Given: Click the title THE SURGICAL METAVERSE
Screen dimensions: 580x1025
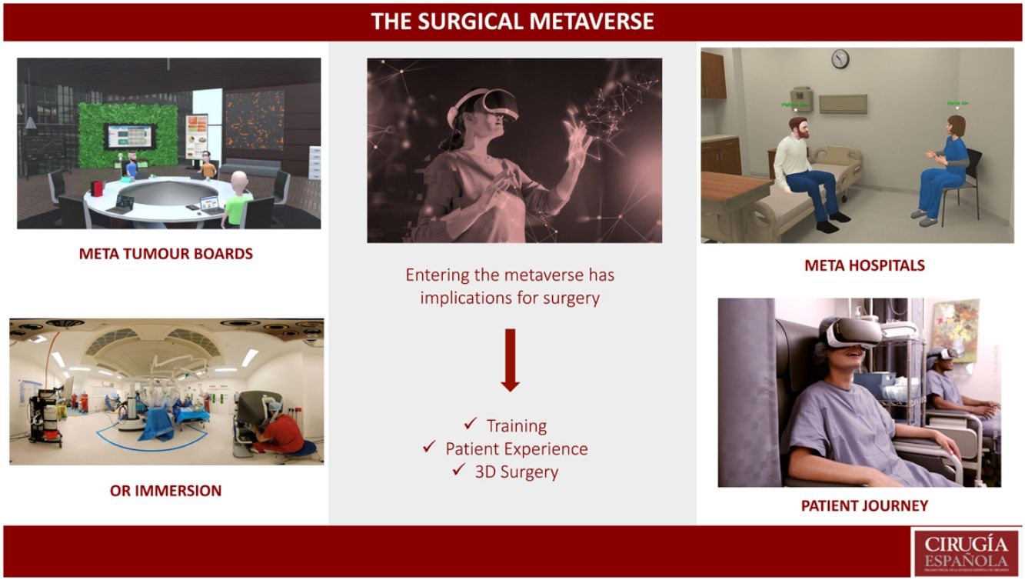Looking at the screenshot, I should tap(512, 21).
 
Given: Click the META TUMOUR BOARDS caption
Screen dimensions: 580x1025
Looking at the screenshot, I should tap(165, 253).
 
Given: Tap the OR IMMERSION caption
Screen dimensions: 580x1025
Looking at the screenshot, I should tap(165, 490).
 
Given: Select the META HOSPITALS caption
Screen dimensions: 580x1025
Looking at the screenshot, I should tap(864, 265).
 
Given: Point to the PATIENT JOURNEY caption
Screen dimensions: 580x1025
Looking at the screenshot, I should tap(864, 505).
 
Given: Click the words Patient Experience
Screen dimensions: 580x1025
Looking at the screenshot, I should tap(516, 448).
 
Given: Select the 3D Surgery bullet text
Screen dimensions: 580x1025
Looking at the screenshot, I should tap(516, 472).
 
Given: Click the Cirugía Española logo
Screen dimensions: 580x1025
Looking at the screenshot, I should tap(966, 551).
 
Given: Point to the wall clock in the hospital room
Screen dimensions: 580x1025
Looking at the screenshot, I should tap(840, 59).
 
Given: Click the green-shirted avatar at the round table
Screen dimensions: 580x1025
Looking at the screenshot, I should tap(238, 198).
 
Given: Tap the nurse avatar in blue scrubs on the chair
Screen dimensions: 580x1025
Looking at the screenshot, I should tap(945, 169).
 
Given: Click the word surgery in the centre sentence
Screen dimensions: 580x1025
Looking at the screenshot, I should tap(566, 298).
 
